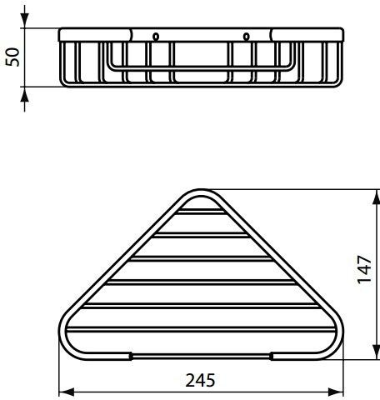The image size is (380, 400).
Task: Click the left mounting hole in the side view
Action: [154, 36]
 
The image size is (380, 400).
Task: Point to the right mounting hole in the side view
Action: [247, 36]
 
